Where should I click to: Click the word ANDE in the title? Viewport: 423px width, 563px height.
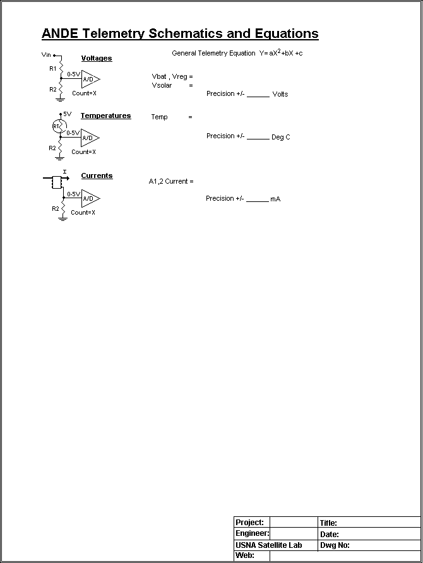(59, 33)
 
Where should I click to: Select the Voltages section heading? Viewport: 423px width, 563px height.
(97, 58)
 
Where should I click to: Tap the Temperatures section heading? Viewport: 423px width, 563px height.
(105, 116)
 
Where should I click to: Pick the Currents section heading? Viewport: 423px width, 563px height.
(97, 175)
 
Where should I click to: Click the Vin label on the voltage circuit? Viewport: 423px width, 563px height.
(46, 54)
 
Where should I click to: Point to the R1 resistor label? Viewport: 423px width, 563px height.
(53, 69)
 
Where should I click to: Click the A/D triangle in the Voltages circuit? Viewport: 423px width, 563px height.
(90, 79)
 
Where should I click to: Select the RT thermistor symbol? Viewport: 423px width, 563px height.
(59, 126)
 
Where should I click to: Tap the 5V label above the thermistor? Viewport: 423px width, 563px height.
(67, 114)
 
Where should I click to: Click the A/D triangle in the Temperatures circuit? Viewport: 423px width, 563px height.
(90, 138)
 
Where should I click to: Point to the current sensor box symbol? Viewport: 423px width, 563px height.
(57, 182)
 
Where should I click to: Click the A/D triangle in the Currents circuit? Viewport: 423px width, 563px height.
(90, 199)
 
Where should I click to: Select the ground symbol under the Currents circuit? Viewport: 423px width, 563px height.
(63, 218)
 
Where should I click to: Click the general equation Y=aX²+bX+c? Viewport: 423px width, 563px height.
(281, 53)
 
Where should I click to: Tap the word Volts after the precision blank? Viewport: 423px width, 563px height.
(280, 94)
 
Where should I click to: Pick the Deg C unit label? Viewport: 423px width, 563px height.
(281, 137)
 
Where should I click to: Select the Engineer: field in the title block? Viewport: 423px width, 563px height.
(252, 533)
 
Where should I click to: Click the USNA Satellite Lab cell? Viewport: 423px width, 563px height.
(268, 545)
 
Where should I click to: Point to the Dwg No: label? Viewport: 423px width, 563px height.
(335, 545)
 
